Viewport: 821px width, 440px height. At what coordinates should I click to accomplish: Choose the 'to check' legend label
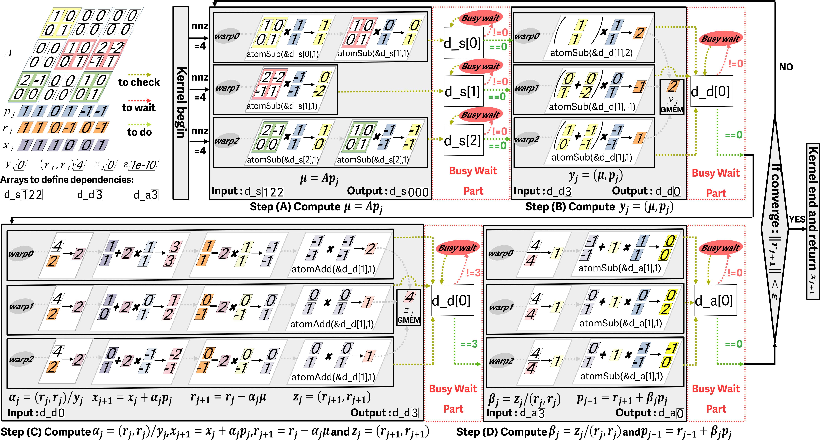[139, 82]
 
